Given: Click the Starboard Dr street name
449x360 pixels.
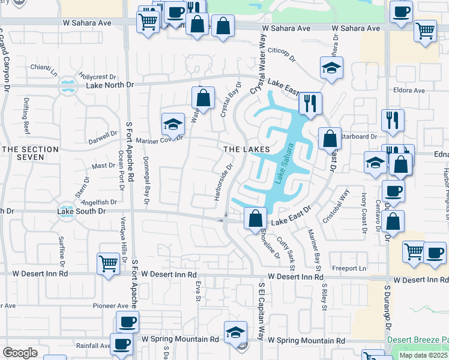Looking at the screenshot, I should coord(358,137).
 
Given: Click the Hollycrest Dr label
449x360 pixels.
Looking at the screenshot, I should coord(97,77).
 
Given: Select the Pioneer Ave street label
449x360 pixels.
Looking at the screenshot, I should coord(108,305).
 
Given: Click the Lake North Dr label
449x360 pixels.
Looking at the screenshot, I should coord(110,85).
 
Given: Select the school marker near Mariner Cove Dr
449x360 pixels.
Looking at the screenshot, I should coord(173,124).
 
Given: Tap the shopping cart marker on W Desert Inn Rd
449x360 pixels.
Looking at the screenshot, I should coord(107,263).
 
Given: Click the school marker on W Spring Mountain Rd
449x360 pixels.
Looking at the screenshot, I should coord(235,332).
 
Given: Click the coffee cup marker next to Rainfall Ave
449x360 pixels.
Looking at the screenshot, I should coord(122,345).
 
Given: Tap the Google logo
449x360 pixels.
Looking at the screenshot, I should coord(20,353).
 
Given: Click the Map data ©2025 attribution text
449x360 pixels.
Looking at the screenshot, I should coord(423,355).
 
